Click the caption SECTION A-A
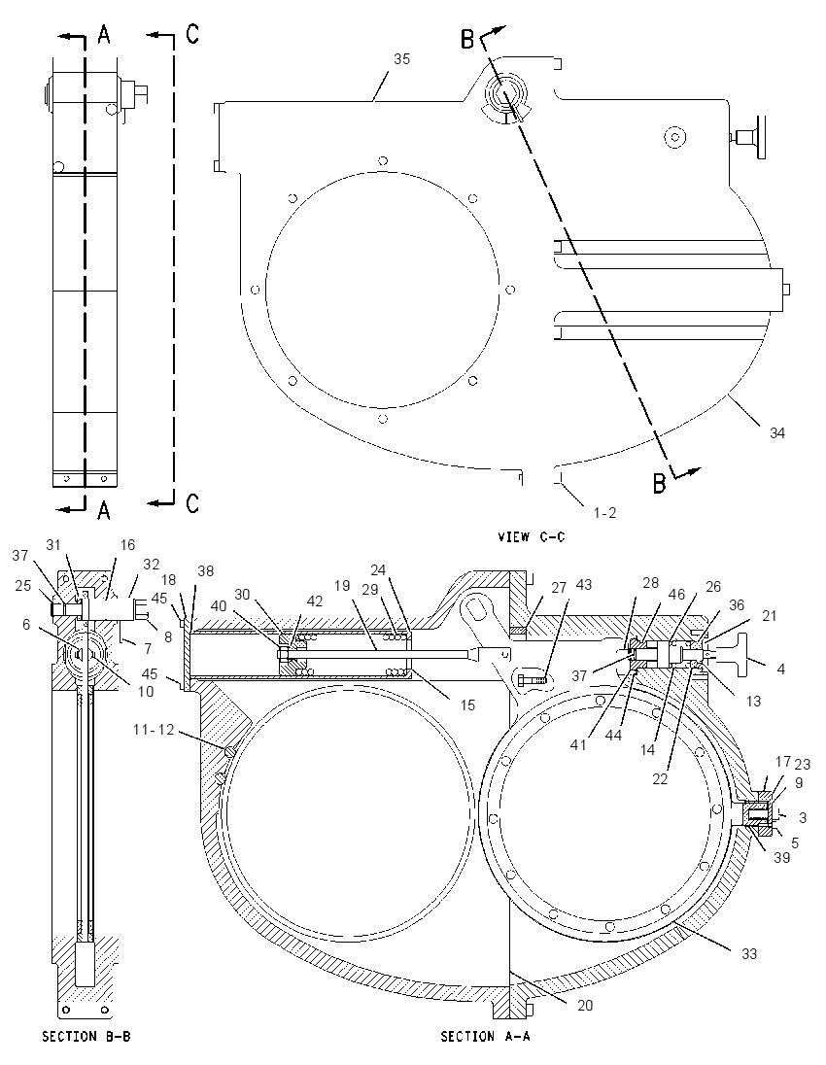(485, 1037)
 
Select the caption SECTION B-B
(86, 1037)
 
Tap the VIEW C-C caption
(532, 536)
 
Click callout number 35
(402, 59)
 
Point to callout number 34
(777, 432)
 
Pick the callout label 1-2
(604, 513)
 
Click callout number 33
(748, 953)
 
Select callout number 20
(585, 1005)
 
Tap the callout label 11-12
(154, 730)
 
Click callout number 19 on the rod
(342, 585)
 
